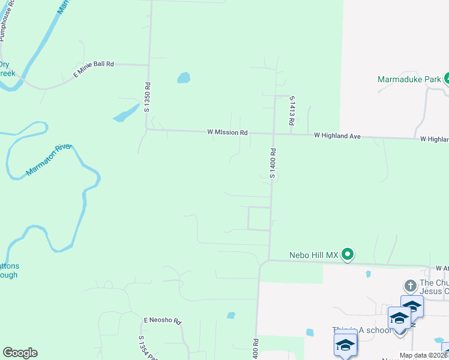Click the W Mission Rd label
tap(228, 132)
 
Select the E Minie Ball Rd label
tap(93, 69)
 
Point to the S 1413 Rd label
tap(291, 110)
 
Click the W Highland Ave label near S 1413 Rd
tap(337, 136)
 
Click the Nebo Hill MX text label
tap(314, 255)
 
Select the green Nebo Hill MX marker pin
tap(348, 256)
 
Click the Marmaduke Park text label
tap(409, 79)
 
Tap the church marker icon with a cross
tap(410, 286)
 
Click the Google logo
tap(20, 353)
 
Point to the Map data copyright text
tap(423, 355)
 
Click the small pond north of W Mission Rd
tap(184, 78)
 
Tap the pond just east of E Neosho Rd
tap(231, 315)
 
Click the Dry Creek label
tap(6, 69)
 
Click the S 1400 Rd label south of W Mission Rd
tap(272, 163)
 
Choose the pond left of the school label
tap(310, 332)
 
